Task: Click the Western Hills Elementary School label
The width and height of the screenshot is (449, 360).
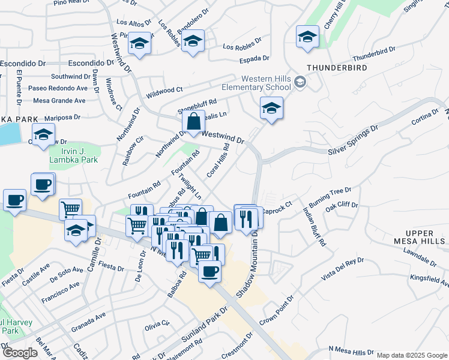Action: (x=265, y=83)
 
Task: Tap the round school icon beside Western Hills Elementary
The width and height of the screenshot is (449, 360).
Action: (x=301, y=82)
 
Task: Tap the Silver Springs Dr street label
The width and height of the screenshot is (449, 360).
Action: (x=354, y=139)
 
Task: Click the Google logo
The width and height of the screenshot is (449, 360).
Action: (x=20, y=353)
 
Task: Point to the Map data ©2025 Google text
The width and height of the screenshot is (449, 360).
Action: (x=412, y=355)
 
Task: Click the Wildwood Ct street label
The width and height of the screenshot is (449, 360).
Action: (x=164, y=89)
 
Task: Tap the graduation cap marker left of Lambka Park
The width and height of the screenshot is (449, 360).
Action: (x=44, y=136)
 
